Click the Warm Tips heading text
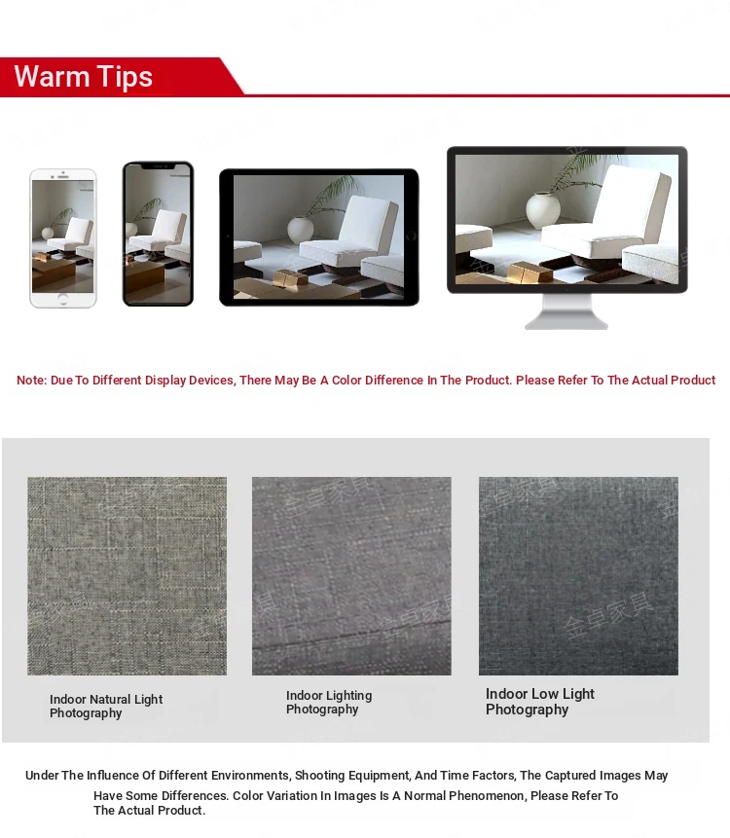tap(84, 77)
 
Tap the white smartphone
tap(63, 238)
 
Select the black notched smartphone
tap(158, 235)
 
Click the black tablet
tap(319, 237)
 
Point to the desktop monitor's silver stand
tap(566, 311)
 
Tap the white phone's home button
tap(62, 298)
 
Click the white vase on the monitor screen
tap(543, 210)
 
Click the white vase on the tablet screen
tap(301, 230)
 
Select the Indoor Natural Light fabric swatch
tap(128, 575)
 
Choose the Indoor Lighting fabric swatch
tap(351, 575)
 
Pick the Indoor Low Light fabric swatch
tap(578, 575)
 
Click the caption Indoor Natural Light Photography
tap(106, 706)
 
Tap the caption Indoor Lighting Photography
tap(329, 703)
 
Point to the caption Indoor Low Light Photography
tap(540, 702)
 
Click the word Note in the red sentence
tap(31, 380)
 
